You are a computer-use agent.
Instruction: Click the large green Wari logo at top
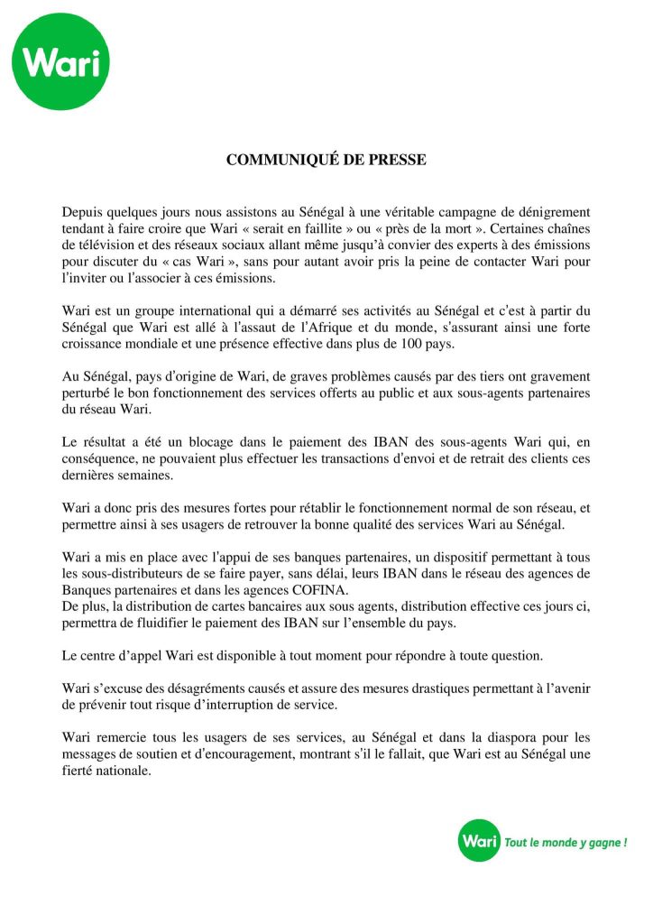(x=61, y=61)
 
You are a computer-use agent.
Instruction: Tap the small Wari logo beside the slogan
(x=479, y=842)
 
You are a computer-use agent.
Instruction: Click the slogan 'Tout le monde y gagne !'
(x=565, y=843)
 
